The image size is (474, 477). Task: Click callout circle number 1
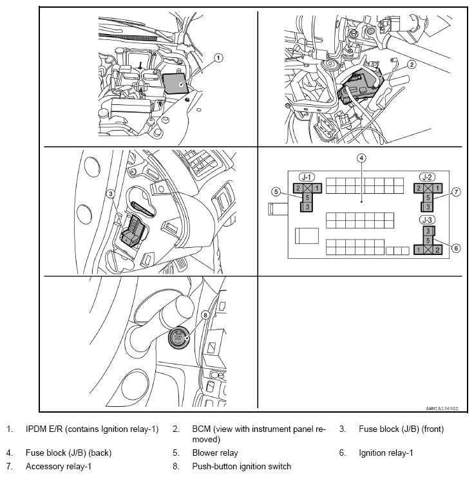click(x=218, y=58)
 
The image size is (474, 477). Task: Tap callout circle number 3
click(x=111, y=193)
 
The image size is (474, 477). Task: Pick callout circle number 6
click(x=455, y=248)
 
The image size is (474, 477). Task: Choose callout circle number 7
click(x=455, y=191)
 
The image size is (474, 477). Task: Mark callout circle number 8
click(x=205, y=315)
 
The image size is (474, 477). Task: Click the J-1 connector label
click(x=305, y=176)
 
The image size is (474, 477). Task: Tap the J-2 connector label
click(x=426, y=176)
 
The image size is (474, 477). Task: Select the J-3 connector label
click(x=426, y=220)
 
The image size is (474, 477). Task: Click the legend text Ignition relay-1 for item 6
click(x=386, y=453)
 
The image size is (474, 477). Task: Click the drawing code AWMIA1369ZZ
click(x=444, y=408)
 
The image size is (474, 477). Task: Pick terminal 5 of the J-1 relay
click(x=308, y=198)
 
